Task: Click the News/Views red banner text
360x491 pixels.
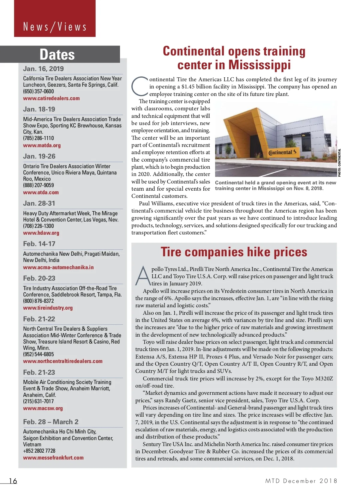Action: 55,27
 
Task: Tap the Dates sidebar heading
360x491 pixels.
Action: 57,55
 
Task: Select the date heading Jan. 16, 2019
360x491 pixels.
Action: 43,69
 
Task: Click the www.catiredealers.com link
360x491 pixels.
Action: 51,98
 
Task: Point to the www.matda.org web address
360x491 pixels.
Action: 42,145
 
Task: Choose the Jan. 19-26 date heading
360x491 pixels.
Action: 39,156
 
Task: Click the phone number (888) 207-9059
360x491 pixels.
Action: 38,185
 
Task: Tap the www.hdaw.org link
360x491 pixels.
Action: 41,233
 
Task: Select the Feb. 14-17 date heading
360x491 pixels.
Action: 39,244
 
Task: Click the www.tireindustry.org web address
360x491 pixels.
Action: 48,308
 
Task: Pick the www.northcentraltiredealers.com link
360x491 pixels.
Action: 63,361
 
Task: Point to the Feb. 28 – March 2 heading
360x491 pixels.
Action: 51,422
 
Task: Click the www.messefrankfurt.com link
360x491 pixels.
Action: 53,458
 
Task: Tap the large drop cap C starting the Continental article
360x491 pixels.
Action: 140,86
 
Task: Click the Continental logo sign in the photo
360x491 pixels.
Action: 282,152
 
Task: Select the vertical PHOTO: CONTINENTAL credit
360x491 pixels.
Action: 340,162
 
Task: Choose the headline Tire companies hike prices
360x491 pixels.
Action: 234,252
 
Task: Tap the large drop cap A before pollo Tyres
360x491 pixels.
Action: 143,276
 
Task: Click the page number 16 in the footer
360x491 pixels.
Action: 13,481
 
